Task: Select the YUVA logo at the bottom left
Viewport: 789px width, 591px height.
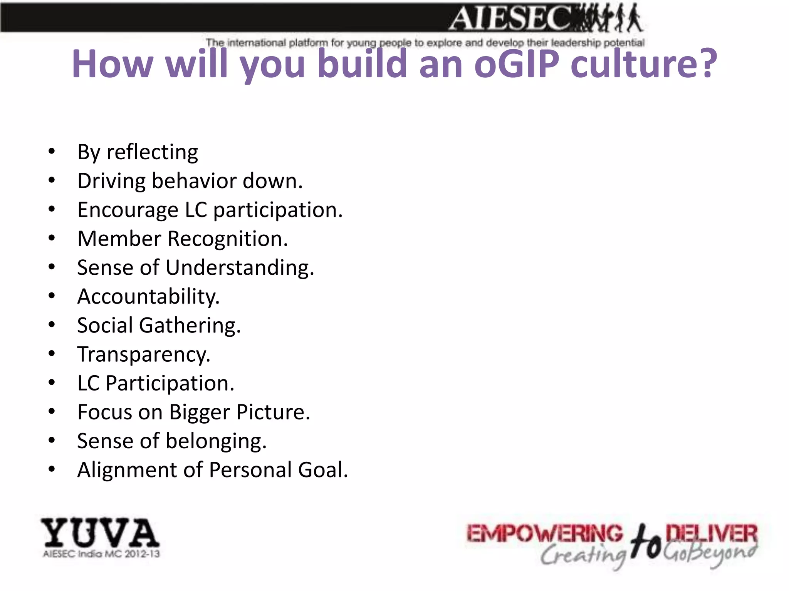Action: (100, 533)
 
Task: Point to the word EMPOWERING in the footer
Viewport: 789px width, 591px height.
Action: (544, 534)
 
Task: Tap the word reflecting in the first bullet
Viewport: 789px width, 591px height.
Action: (152, 152)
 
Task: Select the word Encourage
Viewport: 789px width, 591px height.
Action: (128, 210)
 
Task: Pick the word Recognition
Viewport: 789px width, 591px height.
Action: (228, 239)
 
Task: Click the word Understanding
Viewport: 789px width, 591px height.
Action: (240, 268)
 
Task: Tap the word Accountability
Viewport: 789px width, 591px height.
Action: (148, 297)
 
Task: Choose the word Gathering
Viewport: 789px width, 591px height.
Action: (190, 326)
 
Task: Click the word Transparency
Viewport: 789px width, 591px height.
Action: (144, 355)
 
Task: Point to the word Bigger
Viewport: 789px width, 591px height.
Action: (200, 412)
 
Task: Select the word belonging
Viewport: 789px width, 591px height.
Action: (216, 441)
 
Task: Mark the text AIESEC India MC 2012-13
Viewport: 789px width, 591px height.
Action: (101, 554)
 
